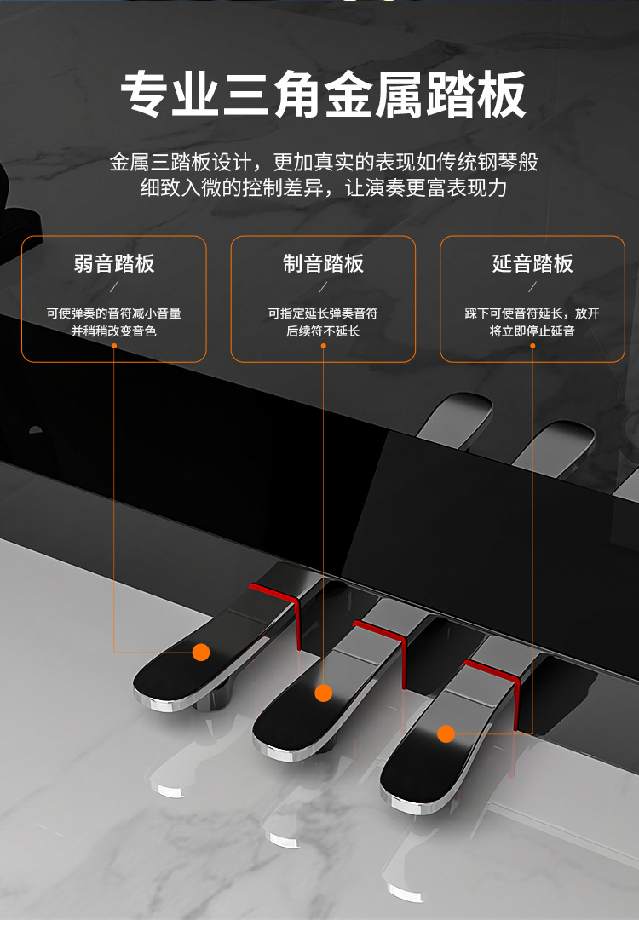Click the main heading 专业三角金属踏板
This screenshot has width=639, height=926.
323,95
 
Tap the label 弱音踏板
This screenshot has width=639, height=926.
114,263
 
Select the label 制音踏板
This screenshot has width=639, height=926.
323,263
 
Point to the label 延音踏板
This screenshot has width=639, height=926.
532,263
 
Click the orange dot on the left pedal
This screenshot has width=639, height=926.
201,652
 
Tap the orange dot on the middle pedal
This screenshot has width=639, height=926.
324,693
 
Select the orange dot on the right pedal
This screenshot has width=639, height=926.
446,734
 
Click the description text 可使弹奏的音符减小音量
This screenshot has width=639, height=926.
114,313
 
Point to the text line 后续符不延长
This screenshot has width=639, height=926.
323,331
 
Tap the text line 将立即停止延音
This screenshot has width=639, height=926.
532,331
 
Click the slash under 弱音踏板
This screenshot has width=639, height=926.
114,287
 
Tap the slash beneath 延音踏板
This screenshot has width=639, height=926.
532,287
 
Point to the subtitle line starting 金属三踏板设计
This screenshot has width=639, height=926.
324,162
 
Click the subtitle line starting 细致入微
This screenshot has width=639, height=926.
324,187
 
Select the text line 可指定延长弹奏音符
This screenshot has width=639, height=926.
323,313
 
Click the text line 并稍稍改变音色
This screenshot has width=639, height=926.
114,331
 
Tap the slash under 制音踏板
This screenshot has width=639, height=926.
323,287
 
